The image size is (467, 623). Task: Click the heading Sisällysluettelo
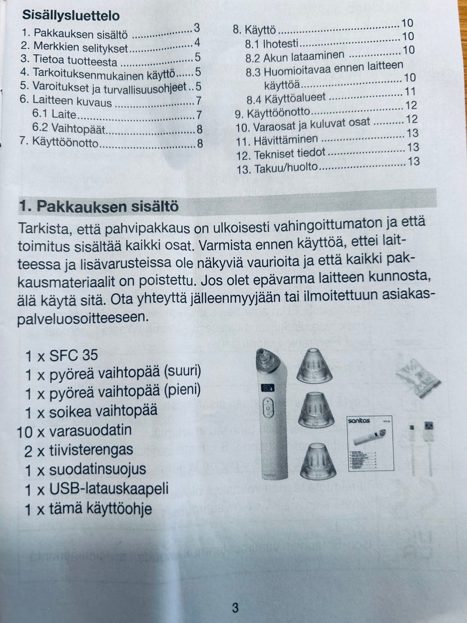(x=71, y=16)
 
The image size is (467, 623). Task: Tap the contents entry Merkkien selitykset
(x=80, y=48)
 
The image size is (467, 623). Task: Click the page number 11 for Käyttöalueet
(x=409, y=92)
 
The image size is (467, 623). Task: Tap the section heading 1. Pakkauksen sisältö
(x=99, y=206)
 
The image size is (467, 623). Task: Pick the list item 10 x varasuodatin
(x=74, y=431)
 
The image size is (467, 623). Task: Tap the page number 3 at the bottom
(x=235, y=607)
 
